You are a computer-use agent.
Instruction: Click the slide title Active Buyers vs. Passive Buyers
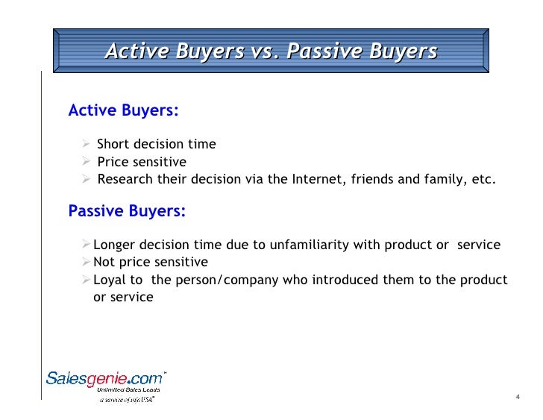click(x=271, y=51)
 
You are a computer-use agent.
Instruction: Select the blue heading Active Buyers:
click(x=123, y=111)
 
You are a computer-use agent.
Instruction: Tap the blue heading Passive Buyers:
click(x=127, y=211)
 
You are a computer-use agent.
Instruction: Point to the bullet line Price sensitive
click(x=142, y=162)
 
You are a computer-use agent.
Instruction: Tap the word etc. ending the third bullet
click(x=482, y=180)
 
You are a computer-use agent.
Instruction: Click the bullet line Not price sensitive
click(x=150, y=262)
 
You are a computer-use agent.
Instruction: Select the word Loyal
click(x=110, y=280)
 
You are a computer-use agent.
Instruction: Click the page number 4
click(x=517, y=396)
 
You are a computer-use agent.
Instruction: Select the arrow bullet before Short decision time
click(x=87, y=144)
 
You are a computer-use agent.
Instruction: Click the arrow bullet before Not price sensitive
click(x=87, y=262)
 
